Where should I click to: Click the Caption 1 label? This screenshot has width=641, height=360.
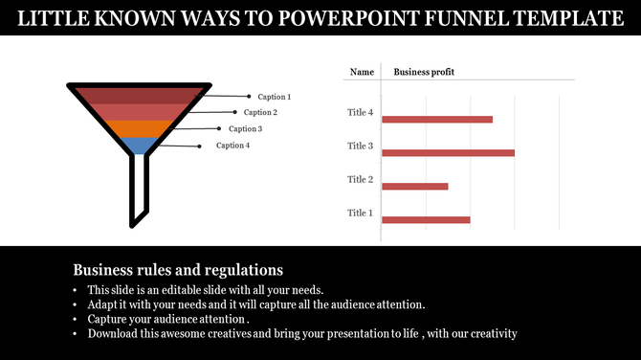[275, 97]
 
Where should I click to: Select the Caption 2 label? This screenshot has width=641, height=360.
[260, 113]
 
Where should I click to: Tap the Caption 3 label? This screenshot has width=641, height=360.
[245, 129]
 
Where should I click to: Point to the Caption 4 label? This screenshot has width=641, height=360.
[232, 146]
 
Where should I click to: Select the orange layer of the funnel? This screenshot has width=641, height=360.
[140, 128]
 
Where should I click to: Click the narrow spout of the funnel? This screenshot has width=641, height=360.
[140, 191]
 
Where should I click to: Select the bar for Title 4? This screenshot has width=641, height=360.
[436, 120]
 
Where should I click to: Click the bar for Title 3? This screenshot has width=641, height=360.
[448, 153]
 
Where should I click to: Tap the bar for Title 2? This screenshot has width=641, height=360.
[414, 187]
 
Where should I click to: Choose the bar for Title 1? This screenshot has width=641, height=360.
[426, 220]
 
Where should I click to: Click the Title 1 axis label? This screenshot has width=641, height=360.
[360, 213]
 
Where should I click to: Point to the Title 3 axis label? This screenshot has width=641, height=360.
[360, 146]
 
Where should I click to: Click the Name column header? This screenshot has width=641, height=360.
[362, 72]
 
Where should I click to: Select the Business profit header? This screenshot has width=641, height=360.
[424, 72]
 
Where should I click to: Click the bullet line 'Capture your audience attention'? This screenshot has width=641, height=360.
[168, 319]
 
